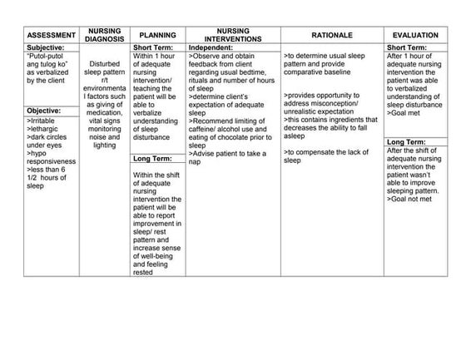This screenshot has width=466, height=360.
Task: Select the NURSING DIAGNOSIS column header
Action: click(105, 35)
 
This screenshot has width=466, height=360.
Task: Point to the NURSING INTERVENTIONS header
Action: click(232, 35)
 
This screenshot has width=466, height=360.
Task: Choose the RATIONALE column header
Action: click(332, 36)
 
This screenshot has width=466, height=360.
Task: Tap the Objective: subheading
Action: click(44, 111)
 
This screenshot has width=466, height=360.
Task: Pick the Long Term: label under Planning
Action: click(152, 158)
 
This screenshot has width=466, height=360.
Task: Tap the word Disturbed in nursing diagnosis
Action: click(105, 63)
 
